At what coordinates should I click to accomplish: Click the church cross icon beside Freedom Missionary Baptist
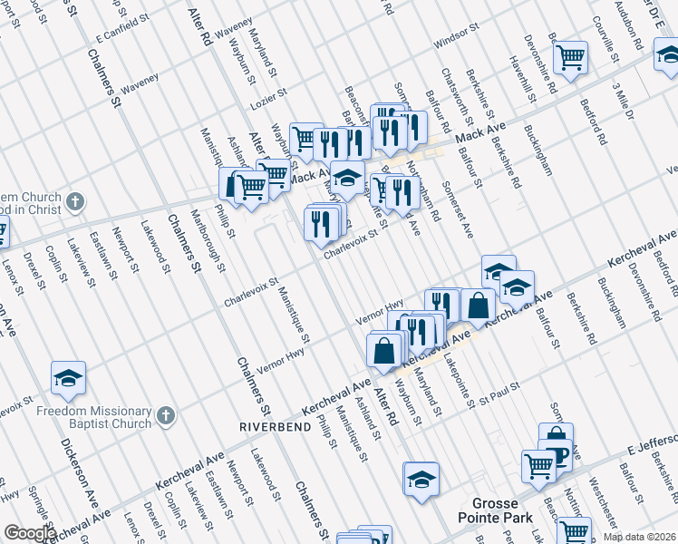point(165,416)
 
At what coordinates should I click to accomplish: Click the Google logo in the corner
point(29,533)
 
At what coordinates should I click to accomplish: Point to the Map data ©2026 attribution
point(639,537)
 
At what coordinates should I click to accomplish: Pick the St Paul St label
point(499,391)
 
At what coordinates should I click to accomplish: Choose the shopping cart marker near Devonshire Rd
point(570,57)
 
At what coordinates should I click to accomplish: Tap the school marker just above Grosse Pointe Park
point(421,478)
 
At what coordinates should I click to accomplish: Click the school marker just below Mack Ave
point(346,178)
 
